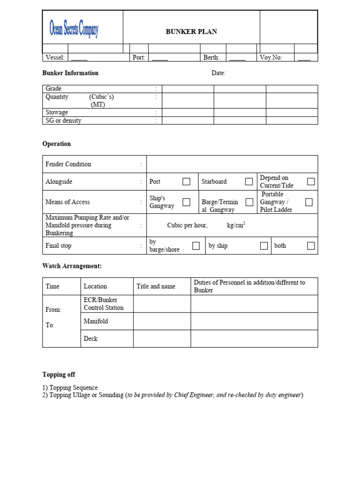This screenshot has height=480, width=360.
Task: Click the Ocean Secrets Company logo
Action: click(74, 29)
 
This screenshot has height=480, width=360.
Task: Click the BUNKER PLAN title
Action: click(191, 32)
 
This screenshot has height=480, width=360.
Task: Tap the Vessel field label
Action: click(55, 58)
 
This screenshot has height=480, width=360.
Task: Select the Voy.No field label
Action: click(271, 58)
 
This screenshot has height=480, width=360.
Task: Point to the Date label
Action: click(218, 73)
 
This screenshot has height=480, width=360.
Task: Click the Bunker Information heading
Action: click(70, 73)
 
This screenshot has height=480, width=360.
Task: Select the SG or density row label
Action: click(63, 120)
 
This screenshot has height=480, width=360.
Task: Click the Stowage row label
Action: click(57, 112)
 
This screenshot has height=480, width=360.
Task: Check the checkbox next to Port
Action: click(186, 181)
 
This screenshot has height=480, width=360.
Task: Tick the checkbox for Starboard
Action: click(249, 181)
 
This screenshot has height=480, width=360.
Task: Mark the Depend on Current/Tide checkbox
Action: click(311, 181)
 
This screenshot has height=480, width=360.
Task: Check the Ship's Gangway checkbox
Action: click(186, 202)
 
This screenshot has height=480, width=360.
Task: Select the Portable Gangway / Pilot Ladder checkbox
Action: click(309, 202)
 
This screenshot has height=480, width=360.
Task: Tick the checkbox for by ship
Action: click(264, 246)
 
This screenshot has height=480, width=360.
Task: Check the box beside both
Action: click(311, 246)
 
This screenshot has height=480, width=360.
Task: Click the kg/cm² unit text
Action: click(236, 225)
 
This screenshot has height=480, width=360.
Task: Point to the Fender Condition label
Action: click(68, 164)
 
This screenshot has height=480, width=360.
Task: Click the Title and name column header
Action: click(156, 286)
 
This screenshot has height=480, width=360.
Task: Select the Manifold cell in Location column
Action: click(96, 321)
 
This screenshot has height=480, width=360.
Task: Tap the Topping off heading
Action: click(59, 375)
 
